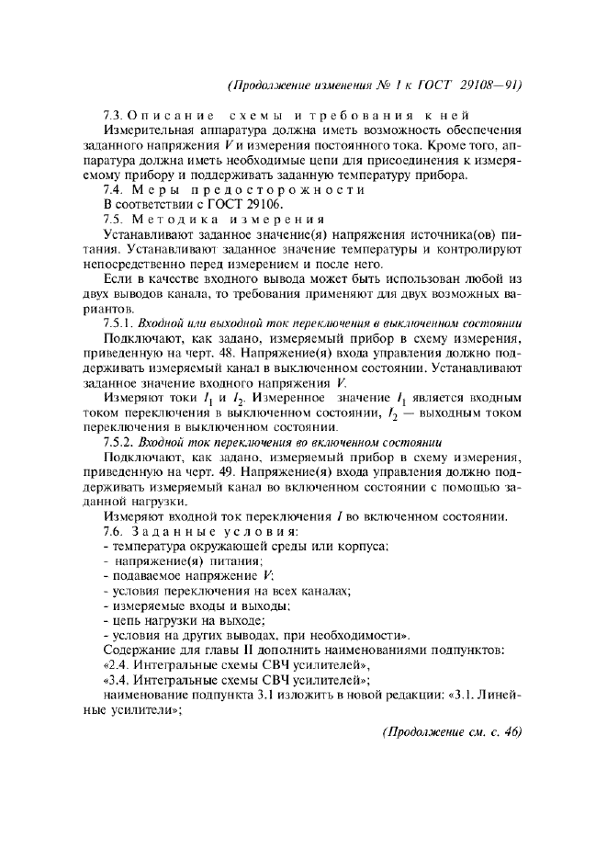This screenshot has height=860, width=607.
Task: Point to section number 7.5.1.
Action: pyautogui.click(x=119, y=322)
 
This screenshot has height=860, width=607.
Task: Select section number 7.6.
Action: pyautogui.click(x=114, y=532)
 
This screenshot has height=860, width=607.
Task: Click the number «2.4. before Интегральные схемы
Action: pyautogui.click(x=120, y=663)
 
